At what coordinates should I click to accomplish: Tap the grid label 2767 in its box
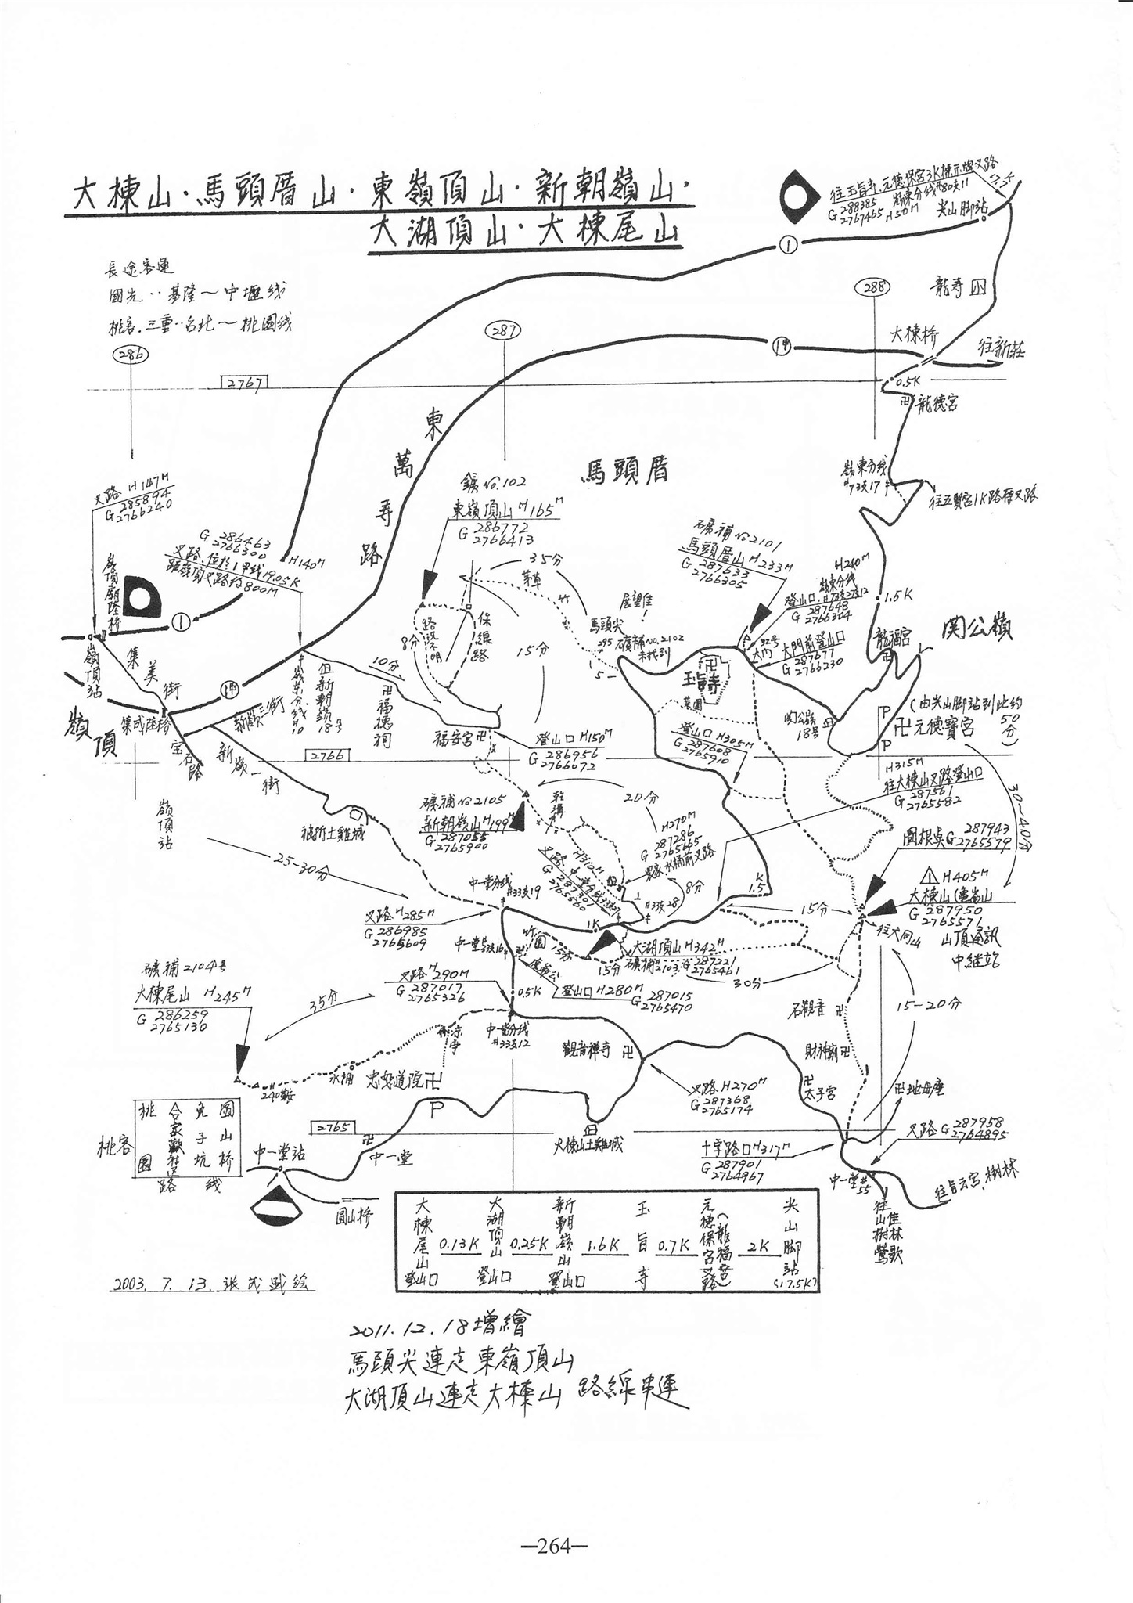246,382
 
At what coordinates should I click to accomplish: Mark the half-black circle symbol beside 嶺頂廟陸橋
141,599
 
